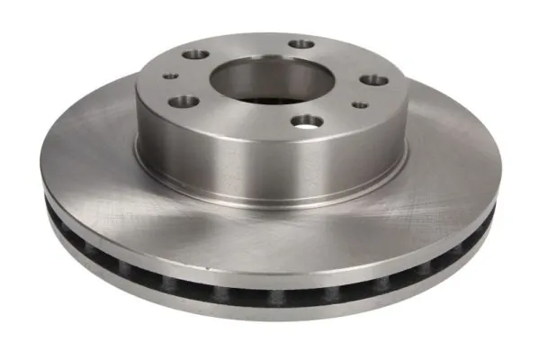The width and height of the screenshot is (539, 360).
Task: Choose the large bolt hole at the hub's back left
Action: point(194,55)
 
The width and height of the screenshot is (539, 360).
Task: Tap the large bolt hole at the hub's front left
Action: point(183,101)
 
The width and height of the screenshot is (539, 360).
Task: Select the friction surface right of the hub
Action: point(450,171)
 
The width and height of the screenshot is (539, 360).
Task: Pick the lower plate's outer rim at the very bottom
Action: point(270,315)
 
